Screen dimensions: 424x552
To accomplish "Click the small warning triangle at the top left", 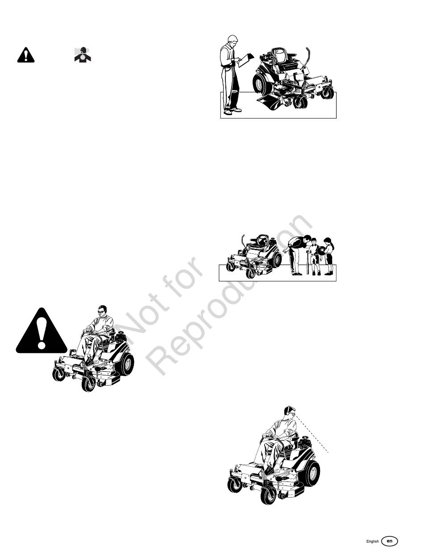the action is click(26, 55).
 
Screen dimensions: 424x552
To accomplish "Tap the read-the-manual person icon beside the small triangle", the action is click(83, 54).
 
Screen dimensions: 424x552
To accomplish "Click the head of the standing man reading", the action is click(233, 40).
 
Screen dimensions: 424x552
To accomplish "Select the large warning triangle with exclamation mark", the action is click(42, 331).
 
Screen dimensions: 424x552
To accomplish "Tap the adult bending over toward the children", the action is click(297, 254).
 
